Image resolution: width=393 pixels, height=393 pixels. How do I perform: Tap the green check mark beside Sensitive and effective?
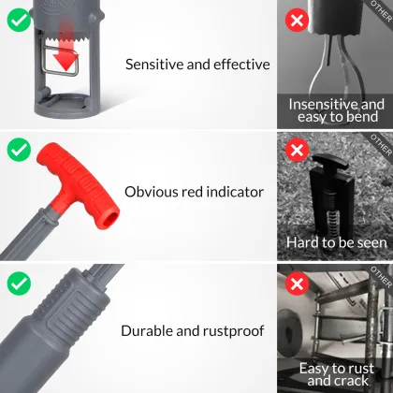(x=19, y=20)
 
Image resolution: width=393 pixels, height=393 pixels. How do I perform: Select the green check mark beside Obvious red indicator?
(x=19, y=150)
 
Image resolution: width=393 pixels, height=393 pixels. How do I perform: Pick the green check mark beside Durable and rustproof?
(x=19, y=284)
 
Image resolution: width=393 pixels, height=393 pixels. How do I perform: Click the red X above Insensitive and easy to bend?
(x=297, y=21)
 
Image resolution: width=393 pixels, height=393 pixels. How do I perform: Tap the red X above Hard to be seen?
(x=297, y=151)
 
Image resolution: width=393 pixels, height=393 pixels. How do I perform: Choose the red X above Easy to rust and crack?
(x=297, y=284)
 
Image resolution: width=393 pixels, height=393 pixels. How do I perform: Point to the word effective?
(x=241, y=65)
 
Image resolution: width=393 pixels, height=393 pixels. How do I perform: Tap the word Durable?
(x=147, y=331)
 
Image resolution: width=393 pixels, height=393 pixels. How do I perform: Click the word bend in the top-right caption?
(x=362, y=117)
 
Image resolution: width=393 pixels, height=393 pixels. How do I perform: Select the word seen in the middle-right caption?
(x=371, y=242)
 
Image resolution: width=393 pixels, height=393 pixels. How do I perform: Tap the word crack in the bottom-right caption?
(x=353, y=381)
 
